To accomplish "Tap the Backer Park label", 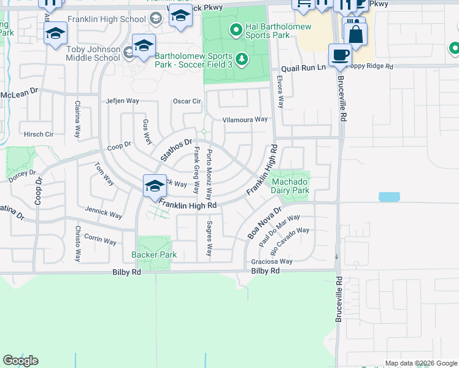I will point(154,255).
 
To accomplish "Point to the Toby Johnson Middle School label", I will point(93,54).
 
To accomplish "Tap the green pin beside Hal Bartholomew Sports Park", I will point(234,29).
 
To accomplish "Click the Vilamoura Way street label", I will point(245,120).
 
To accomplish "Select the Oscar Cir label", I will point(187,101).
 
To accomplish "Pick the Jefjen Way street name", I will point(123,101).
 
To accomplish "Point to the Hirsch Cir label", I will point(39,134).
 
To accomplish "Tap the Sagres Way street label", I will point(209,239).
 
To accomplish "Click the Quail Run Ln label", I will point(303,69).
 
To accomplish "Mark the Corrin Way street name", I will point(101,239).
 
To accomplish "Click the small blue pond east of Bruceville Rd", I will point(389,197).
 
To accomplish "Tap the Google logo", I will point(20,361).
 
